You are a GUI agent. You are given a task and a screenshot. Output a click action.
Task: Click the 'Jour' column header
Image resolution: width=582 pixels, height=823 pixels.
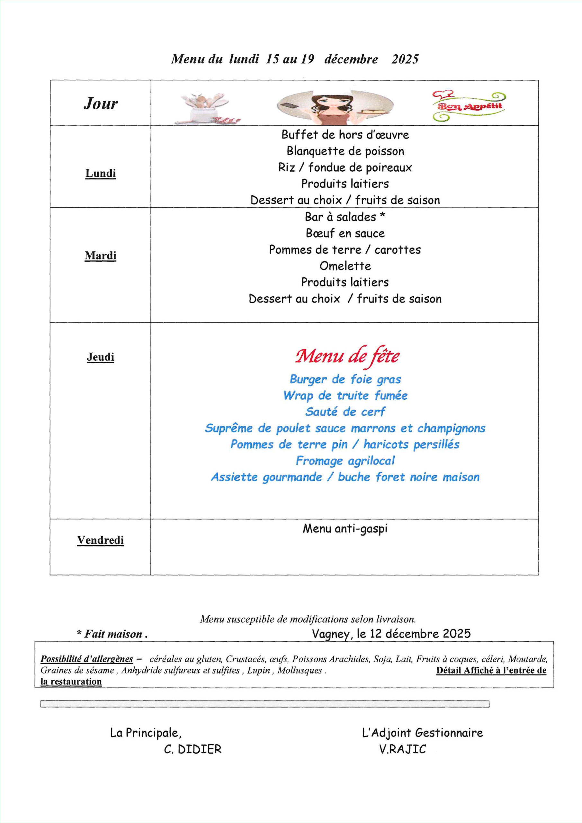(x=101, y=104)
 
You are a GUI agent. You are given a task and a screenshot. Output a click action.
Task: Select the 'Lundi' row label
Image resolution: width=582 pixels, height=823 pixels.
(x=101, y=173)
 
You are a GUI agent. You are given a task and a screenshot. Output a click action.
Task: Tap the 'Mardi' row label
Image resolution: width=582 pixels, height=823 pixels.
(x=101, y=256)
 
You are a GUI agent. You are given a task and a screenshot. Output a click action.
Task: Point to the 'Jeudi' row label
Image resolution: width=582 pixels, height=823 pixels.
(x=101, y=357)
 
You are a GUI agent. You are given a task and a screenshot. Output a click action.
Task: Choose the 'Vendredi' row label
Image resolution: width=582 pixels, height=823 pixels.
(x=100, y=540)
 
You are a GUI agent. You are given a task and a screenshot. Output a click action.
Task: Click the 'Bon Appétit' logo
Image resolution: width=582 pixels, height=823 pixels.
(x=469, y=106)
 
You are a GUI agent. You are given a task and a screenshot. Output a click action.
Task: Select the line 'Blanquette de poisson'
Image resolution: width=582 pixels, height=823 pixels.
(x=345, y=151)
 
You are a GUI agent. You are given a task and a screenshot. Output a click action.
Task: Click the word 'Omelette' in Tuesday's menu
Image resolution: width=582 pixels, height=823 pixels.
(x=345, y=266)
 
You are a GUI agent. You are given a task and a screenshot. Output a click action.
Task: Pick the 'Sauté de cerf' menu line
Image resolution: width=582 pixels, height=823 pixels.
(x=345, y=411)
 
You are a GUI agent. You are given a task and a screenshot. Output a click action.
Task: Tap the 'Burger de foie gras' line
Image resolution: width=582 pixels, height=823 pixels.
(x=345, y=379)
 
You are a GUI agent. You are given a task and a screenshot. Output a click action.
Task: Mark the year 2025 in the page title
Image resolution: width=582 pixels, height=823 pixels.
(x=405, y=59)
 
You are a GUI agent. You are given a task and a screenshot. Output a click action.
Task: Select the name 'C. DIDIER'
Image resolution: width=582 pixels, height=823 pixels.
(x=193, y=749)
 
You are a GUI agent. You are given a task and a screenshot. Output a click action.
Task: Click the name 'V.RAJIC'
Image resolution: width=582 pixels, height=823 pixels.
(x=402, y=749)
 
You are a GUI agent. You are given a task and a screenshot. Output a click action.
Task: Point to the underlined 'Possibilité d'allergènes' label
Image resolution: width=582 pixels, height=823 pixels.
(x=87, y=659)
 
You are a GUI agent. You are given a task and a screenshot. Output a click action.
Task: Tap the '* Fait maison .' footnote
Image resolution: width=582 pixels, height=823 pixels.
(x=112, y=634)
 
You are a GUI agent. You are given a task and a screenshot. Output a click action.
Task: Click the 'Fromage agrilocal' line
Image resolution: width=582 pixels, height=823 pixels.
(x=345, y=461)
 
